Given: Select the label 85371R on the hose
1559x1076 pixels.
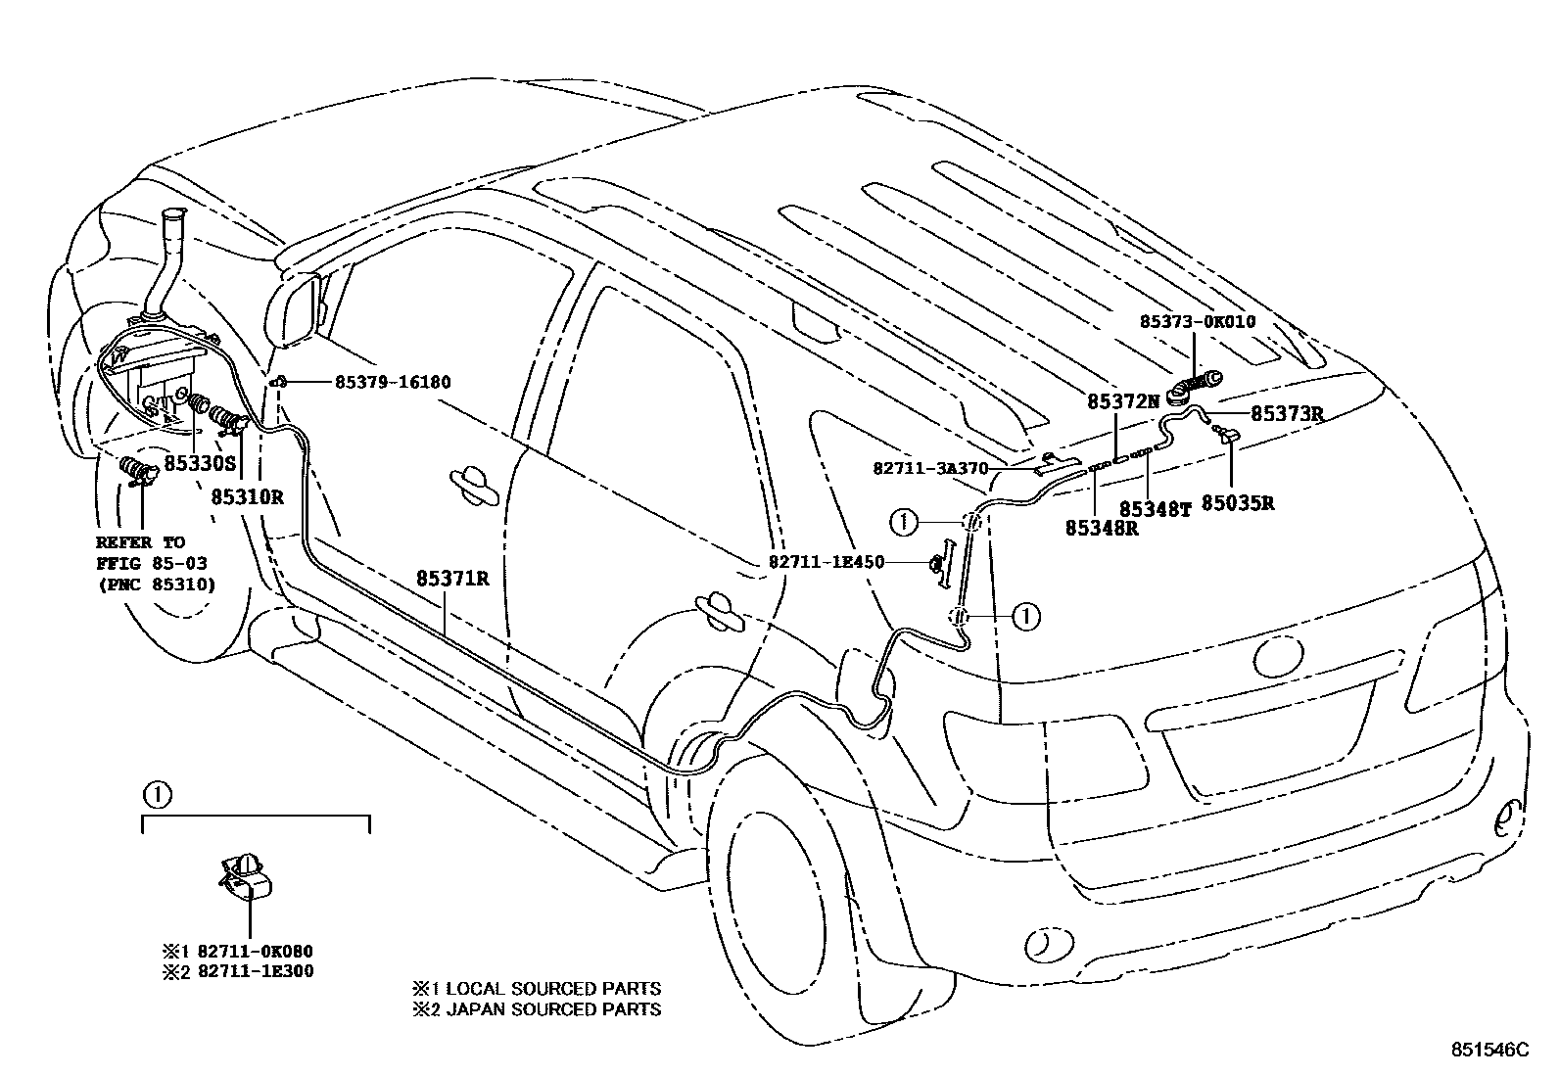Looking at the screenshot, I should pyautogui.click(x=452, y=579).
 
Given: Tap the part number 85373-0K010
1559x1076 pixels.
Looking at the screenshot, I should pyautogui.click(x=1197, y=321).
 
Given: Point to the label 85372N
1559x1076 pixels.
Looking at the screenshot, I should pyautogui.click(x=1122, y=400).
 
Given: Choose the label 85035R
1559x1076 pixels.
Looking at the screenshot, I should pyautogui.click(x=1238, y=503).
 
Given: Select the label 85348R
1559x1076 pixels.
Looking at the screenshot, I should pyautogui.click(x=1102, y=527).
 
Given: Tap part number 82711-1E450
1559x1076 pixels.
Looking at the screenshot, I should pyautogui.click(x=827, y=562).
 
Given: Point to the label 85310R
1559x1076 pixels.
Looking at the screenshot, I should pyautogui.click(x=247, y=496).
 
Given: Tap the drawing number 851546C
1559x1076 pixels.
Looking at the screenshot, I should pyautogui.click(x=1488, y=1050).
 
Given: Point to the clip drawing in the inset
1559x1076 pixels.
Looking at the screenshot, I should pyautogui.click(x=247, y=874).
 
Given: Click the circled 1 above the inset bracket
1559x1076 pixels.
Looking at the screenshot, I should pyautogui.click(x=157, y=794).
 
